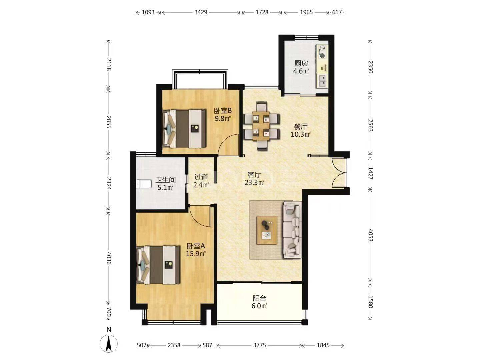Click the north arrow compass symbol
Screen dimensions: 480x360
[x=108, y=343]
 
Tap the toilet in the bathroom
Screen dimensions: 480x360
[x=144, y=184]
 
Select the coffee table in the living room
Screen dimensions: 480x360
[x=267, y=230]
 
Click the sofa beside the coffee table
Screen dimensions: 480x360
[x=293, y=230]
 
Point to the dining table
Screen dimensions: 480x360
[x=261, y=126]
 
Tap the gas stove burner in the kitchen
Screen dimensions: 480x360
[x=322, y=52]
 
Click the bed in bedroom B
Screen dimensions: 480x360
[x=184, y=129]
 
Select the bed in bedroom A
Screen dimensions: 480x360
[x=158, y=265]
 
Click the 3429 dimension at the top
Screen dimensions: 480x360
[x=201, y=12]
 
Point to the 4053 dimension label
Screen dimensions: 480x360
[x=370, y=235]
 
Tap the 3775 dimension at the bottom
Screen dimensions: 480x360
[x=260, y=345]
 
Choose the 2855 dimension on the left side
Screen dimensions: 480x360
[x=109, y=122]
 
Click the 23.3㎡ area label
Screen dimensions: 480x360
[x=254, y=182]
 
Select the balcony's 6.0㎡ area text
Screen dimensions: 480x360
[x=259, y=306]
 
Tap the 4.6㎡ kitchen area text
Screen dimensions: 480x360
[x=301, y=71]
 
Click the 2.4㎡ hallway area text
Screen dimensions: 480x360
[x=201, y=185]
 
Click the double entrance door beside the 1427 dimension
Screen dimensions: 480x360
[x=339, y=172]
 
